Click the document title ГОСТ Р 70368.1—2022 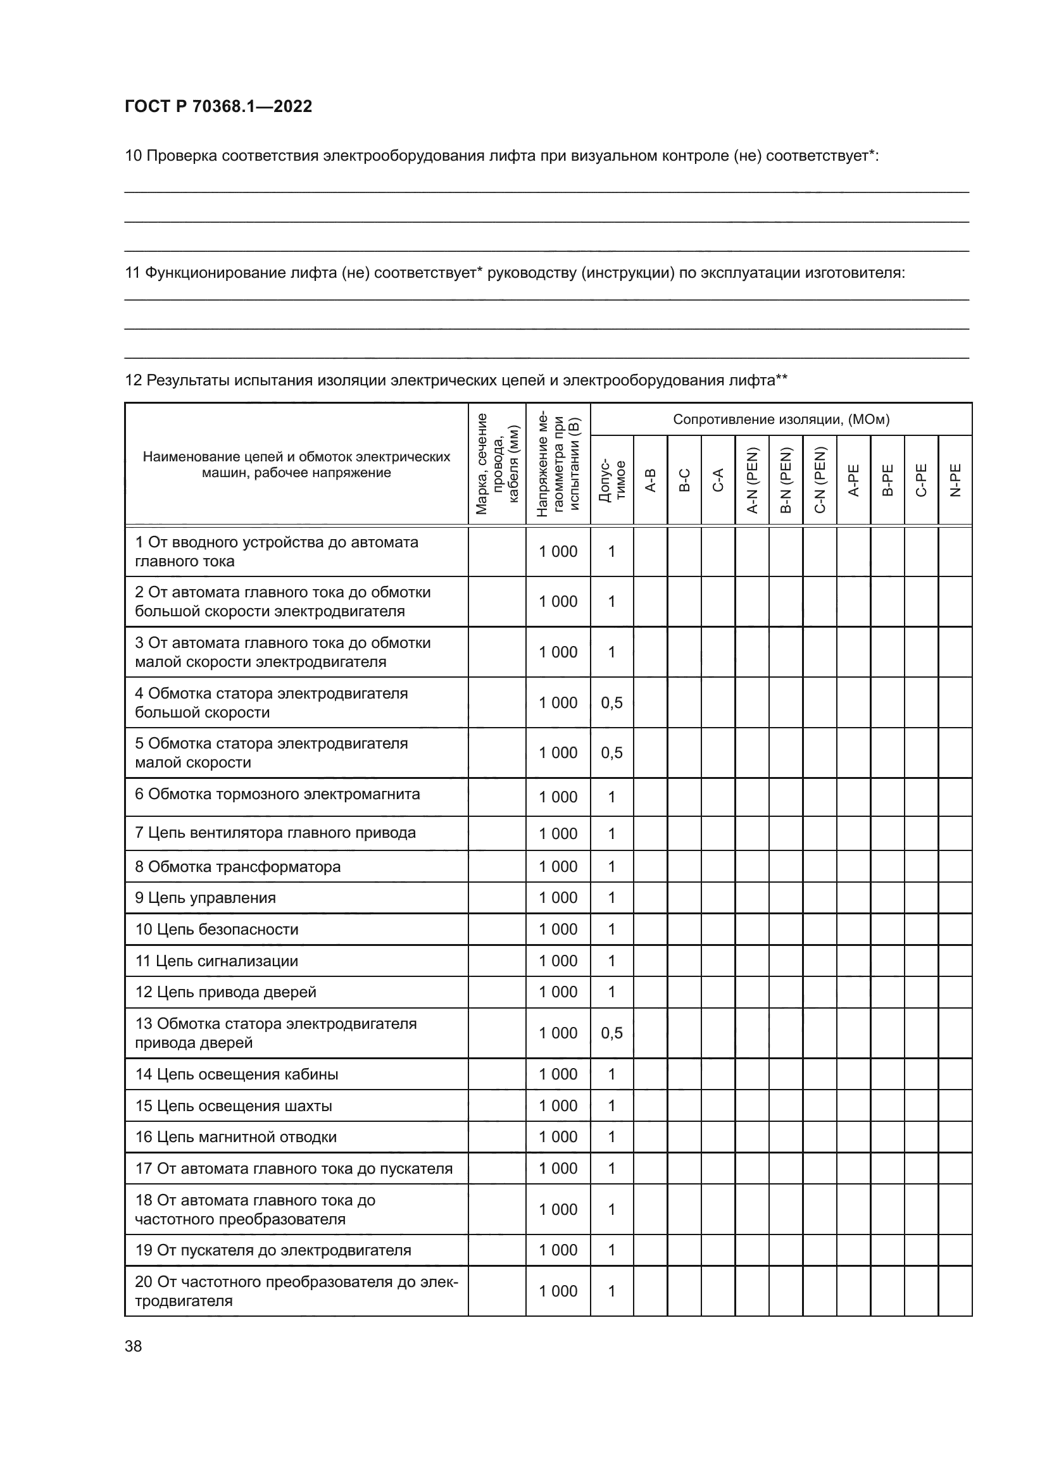(x=218, y=106)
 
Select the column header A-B (x=651, y=480)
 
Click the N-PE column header (x=955, y=480)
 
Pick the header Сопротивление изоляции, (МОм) (x=781, y=420)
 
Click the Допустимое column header (x=611, y=480)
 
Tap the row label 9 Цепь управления (x=205, y=898)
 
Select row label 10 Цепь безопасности (x=216, y=930)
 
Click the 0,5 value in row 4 (x=611, y=702)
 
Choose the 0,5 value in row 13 (x=611, y=1033)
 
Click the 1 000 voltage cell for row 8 (x=558, y=866)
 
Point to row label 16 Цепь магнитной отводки (x=235, y=1137)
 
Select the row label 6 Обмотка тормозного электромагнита (x=277, y=794)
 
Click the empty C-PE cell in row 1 (x=920, y=552)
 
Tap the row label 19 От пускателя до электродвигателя (x=273, y=1250)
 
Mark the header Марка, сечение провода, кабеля (x=496, y=464)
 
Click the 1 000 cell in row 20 (x=558, y=1291)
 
